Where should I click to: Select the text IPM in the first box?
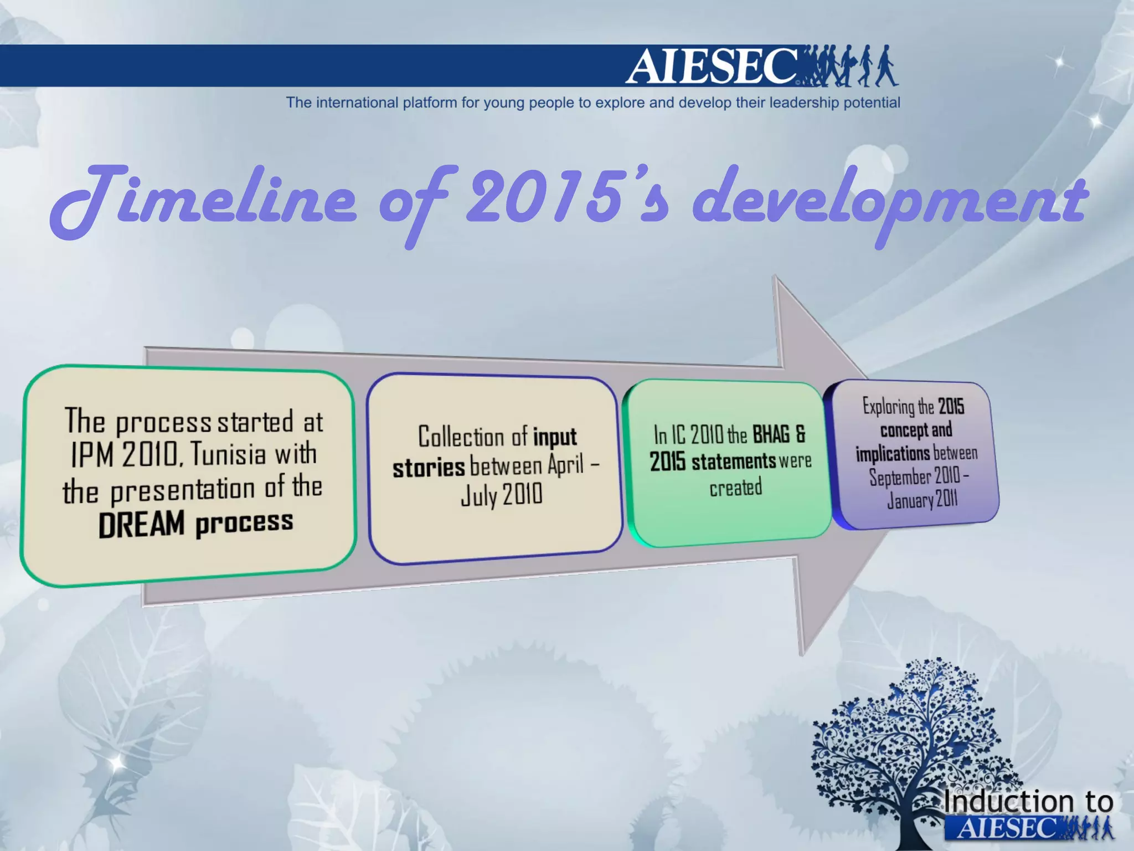coord(93,455)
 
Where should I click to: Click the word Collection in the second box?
coord(461,437)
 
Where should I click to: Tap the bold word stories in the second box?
coord(429,468)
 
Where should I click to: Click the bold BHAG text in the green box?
coord(771,434)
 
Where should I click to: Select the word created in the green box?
coord(736,488)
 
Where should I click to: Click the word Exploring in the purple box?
coord(888,407)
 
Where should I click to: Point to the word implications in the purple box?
coord(893,454)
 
